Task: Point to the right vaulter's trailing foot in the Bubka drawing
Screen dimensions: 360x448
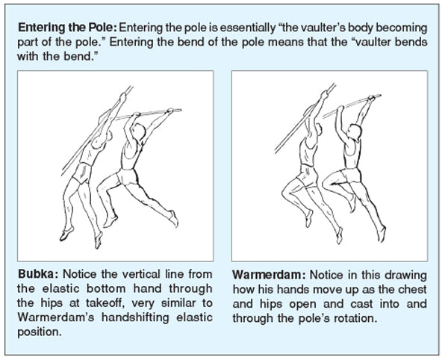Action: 174,217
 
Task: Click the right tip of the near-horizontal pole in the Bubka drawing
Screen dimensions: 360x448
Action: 179,110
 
